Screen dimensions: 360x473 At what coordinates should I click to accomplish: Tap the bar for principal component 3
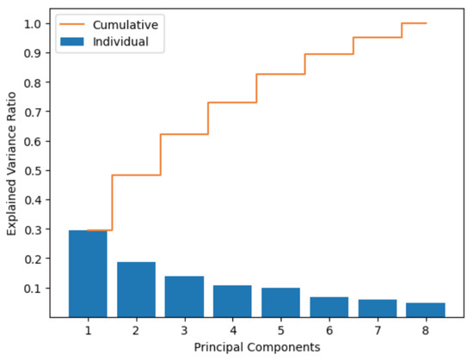click(x=184, y=296)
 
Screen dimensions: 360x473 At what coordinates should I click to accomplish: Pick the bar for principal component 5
click(x=281, y=302)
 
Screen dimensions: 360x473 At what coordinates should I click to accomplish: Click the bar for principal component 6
click(x=329, y=307)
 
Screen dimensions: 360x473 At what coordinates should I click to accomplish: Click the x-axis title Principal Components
click(x=256, y=347)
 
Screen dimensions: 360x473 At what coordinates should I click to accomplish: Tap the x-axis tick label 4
click(x=232, y=329)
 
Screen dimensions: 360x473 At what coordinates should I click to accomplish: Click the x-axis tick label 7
click(x=378, y=329)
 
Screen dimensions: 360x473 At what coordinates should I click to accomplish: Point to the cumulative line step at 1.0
click(x=415, y=23)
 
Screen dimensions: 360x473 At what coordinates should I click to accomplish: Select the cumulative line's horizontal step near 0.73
click(x=232, y=102)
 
